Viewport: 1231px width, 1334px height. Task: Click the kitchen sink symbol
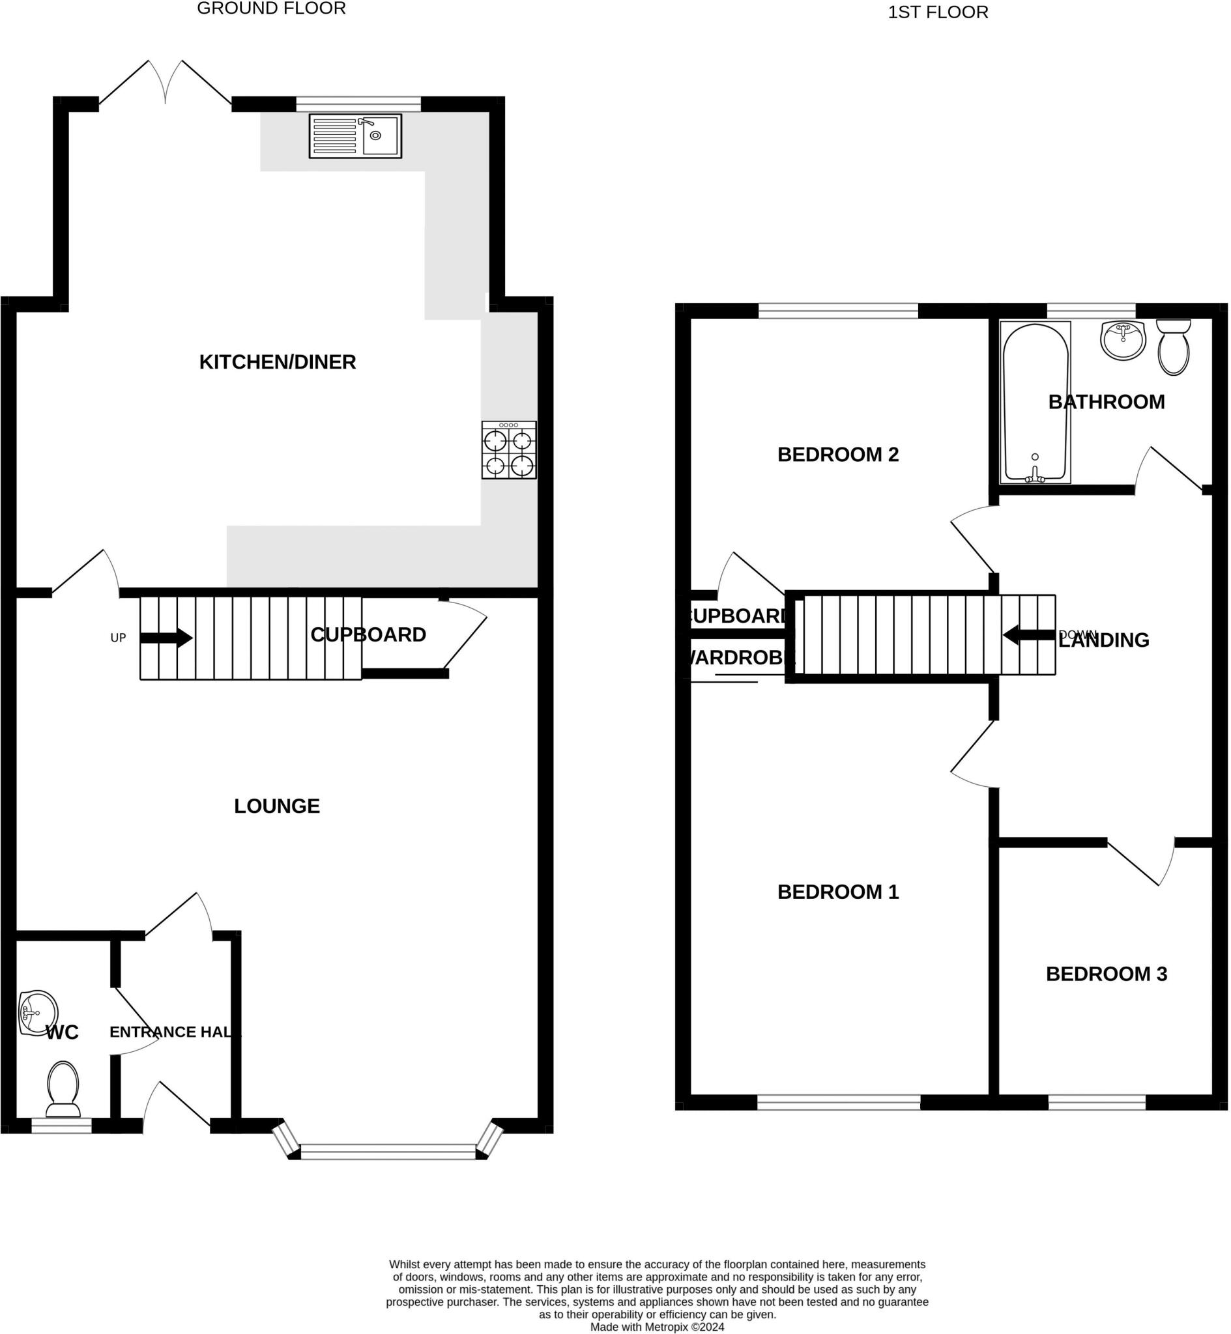(x=355, y=135)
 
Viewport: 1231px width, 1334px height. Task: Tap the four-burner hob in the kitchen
(x=509, y=450)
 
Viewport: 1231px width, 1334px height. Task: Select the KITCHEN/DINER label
(x=277, y=362)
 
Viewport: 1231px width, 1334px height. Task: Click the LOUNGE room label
(x=276, y=806)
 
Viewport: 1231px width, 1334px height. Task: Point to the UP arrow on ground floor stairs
(x=166, y=638)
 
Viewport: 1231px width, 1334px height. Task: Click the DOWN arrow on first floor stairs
(x=1029, y=635)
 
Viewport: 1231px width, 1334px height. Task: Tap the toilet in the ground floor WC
(x=63, y=1090)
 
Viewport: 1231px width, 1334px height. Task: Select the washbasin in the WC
(x=36, y=1014)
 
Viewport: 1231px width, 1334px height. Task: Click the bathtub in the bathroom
(x=1035, y=402)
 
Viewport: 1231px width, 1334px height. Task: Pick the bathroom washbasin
(x=1123, y=339)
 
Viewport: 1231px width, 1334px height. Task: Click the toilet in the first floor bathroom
(x=1174, y=347)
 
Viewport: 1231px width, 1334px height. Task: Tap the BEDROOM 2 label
(x=838, y=455)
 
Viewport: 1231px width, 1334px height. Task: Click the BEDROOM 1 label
(x=838, y=892)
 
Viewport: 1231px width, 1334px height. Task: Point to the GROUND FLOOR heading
(x=271, y=8)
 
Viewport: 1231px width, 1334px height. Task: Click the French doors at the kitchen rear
(x=166, y=83)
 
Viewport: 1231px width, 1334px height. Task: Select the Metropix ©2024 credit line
(x=657, y=1327)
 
